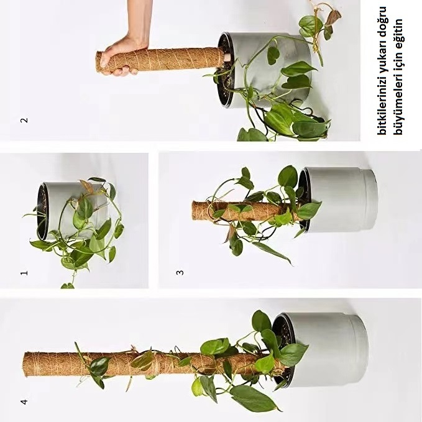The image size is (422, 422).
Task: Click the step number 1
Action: pos(24,273)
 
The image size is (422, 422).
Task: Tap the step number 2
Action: pos(24,120)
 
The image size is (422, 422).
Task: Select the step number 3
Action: pos(180,272)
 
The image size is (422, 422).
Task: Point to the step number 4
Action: pos(24,402)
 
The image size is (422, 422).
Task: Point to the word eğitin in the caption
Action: pos(399,32)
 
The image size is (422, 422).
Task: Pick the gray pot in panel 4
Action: pos(323,350)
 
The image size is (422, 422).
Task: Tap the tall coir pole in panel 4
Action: pos(150,364)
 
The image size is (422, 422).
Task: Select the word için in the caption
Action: pos(399,61)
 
